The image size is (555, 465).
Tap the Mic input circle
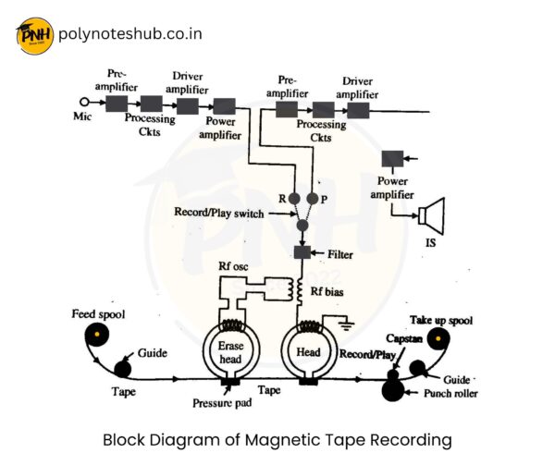(84, 103)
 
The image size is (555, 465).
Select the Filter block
(300, 252)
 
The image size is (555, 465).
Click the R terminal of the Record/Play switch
(293, 199)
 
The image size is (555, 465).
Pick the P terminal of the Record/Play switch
(312, 199)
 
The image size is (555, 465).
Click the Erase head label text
(230, 351)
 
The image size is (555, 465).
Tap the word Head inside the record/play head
(307, 352)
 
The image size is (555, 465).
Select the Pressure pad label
(225, 404)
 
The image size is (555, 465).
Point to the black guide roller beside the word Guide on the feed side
(121, 368)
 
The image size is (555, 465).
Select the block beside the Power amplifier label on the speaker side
(392, 158)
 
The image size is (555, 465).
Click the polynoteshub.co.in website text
(129, 35)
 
